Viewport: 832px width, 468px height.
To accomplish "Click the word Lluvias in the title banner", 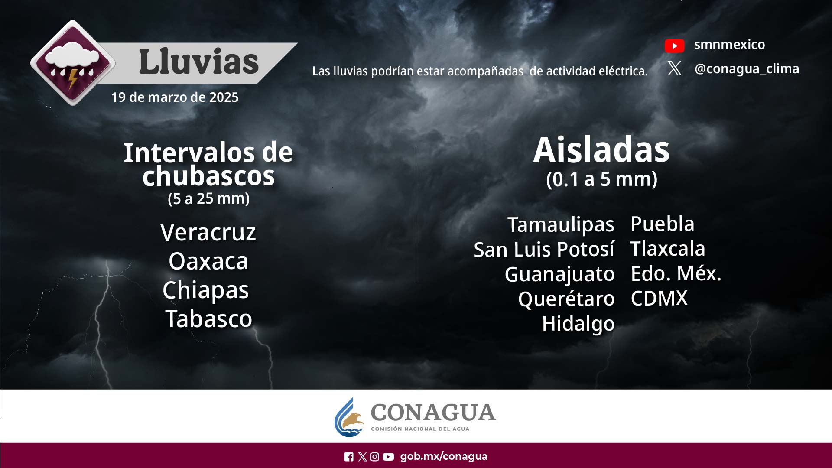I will pyautogui.click(x=199, y=62).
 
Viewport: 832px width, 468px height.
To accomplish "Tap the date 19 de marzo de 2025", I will pyautogui.click(x=175, y=97).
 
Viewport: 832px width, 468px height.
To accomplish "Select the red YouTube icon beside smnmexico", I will pyautogui.click(x=674, y=45).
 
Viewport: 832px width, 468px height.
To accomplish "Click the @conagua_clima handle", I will pyautogui.click(x=747, y=69).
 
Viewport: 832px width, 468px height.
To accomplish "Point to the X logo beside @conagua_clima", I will pyautogui.click(x=674, y=68).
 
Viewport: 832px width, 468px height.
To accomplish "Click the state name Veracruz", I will pyautogui.click(x=208, y=232).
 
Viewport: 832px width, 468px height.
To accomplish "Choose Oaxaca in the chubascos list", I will pyautogui.click(x=208, y=261).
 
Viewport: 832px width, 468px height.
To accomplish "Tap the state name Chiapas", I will pyautogui.click(x=206, y=290).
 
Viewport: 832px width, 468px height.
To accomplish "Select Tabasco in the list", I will pyautogui.click(x=208, y=319).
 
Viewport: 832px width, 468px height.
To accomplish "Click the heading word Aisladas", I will pyautogui.click(x=601, y=150).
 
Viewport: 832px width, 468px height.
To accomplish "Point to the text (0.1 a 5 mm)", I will pyautogui.click(x=601, y=179).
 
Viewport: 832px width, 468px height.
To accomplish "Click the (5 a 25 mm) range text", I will pyautogui.click(x=208, y=198).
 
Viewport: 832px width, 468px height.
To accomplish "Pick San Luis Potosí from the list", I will pyautogui.click(x=544, y=250).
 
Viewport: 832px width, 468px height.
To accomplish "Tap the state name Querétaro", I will pyautogui.click(x=566, y=299).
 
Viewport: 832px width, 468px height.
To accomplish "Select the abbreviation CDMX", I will pyautogui.click(x=659, y=298).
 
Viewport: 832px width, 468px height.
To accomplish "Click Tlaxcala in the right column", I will pyautogui.click(x=667, y=249).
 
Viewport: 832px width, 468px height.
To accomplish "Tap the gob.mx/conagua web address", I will pyautogui.click(x=444, y=456).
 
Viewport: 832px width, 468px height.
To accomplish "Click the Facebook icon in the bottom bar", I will pyautogui.click(x=349, y=457).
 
